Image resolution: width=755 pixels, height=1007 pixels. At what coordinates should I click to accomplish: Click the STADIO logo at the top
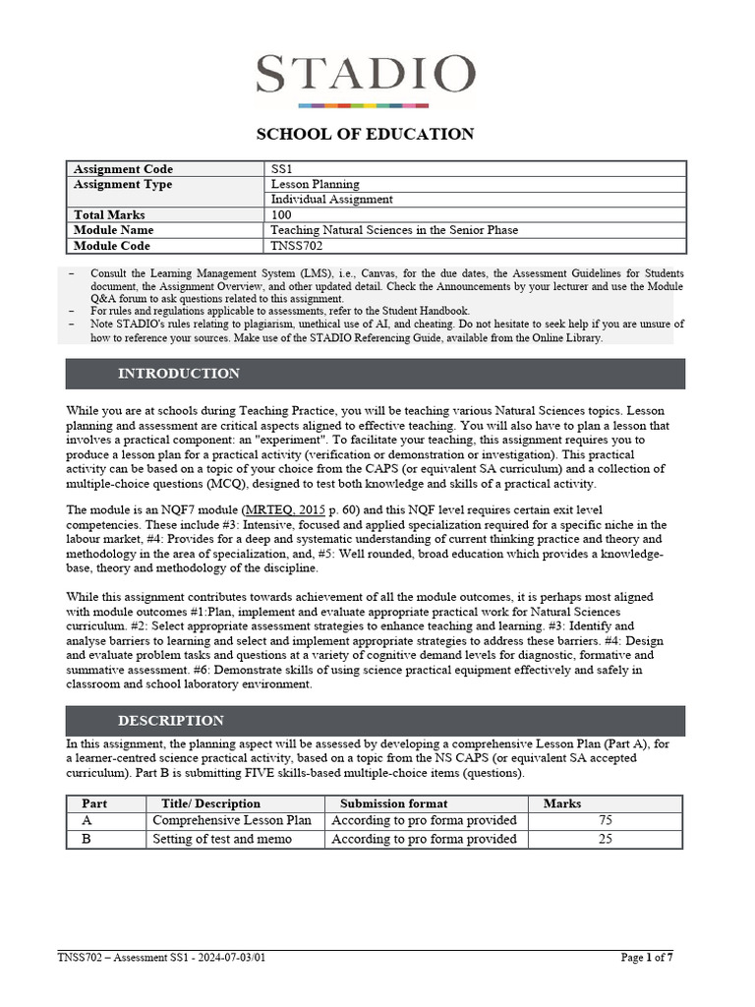pos(365,77)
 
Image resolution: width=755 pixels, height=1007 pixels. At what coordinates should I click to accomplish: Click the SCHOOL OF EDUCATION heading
pos(365,134)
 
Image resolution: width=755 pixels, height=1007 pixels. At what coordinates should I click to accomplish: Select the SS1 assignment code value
pos(282,169)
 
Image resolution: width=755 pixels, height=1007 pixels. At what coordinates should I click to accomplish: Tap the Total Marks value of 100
pos(282,214)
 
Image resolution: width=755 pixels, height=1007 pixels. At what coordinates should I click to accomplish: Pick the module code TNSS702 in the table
pos(296,245)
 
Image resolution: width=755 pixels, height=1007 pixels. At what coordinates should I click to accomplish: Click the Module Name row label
pos(114,230)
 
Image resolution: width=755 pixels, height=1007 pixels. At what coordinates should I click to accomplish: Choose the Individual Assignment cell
pos(332,200)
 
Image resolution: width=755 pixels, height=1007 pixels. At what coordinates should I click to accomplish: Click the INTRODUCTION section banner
pos(376,374)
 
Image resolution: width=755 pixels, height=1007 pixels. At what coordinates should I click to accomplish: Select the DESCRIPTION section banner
pos(376,720)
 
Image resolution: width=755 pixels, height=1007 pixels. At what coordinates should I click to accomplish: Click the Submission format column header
pos(393,803)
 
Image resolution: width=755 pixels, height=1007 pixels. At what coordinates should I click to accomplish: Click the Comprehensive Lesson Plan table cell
pos(232,821)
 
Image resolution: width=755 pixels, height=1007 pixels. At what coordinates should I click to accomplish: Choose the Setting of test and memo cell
pos(223,839)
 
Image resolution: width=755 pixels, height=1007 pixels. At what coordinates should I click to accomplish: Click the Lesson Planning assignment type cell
pos(316,184)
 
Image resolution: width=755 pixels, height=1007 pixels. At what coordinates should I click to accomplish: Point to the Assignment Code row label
pos(123,169)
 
